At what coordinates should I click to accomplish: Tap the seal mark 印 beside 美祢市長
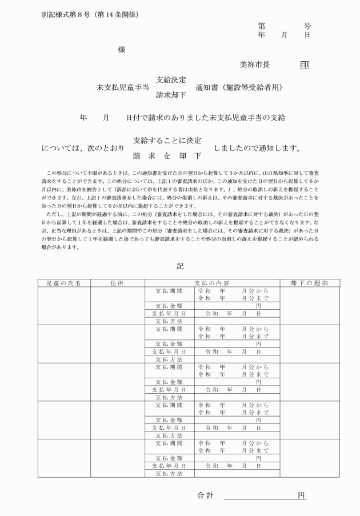pos(304,65)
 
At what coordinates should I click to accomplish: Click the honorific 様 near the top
pos(121,50)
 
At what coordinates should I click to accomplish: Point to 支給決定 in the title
pos(171,79)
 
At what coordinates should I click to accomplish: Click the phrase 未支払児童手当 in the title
pos(122,87)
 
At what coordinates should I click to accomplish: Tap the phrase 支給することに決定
pos(167,140)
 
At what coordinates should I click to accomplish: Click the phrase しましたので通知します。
pos(257,148)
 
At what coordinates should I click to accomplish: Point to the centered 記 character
pos(181,266)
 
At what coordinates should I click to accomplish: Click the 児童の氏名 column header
pos(64,283)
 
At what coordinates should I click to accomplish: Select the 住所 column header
pos(117,283)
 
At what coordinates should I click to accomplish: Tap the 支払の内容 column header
pos(212,283)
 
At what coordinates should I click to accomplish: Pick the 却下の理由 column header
pos(302,283)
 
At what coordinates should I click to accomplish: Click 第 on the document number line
pos(262,26)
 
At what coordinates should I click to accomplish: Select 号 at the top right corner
pos(307,26)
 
